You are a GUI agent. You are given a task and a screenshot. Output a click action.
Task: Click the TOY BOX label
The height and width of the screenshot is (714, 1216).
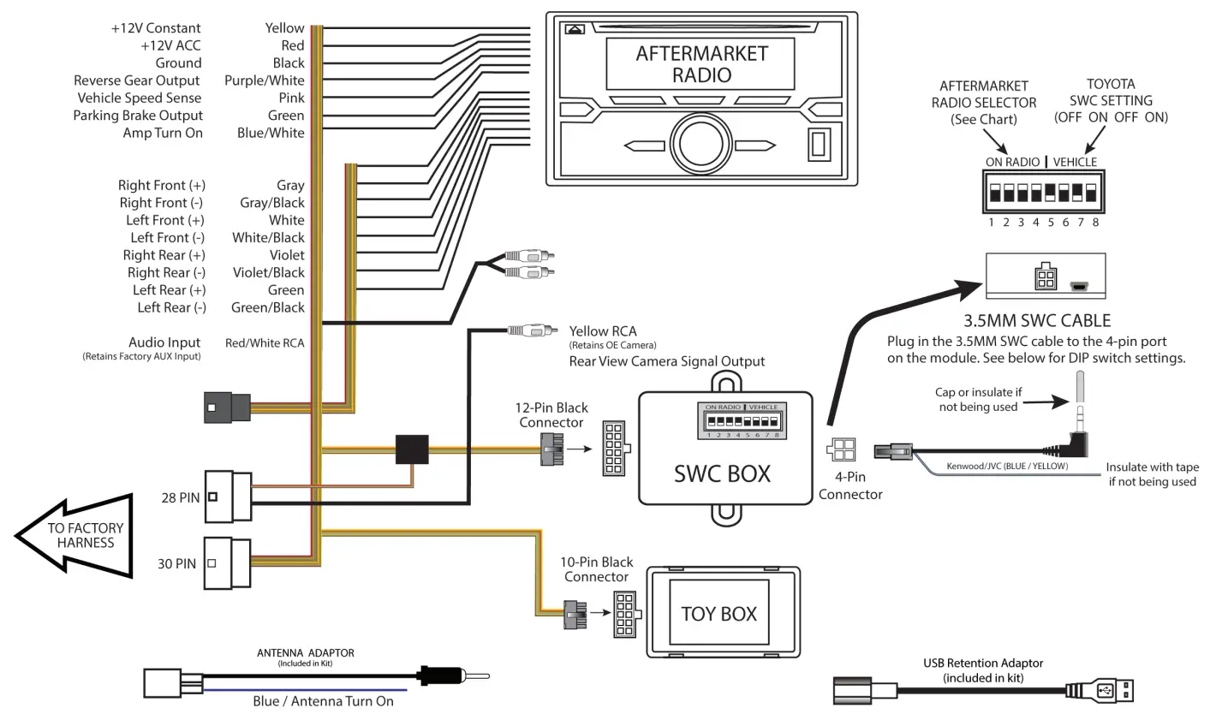[718, 614]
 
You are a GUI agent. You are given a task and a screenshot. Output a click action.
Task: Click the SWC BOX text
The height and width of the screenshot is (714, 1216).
[722, 473]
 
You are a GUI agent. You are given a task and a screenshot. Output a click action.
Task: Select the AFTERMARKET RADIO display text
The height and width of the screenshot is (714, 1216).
[701, 63]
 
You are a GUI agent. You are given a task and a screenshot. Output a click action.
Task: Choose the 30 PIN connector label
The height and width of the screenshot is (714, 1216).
[176, 564]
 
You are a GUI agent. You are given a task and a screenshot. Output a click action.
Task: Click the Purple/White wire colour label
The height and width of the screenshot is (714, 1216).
[264, 80]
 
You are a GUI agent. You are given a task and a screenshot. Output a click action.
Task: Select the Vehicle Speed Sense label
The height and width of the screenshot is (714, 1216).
[139, 98]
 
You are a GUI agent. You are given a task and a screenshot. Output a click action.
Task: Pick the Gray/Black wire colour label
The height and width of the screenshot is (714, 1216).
[271, 203]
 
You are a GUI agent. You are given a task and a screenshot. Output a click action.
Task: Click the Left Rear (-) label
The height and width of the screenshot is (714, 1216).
[171, 307]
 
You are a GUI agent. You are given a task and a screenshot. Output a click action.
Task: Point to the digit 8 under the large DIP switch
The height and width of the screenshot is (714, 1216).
[1095, 223]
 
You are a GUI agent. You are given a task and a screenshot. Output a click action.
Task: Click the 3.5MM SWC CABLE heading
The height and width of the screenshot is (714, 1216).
[1037, 322]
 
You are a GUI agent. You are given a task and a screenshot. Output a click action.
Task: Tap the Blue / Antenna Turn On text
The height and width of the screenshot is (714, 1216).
[323, 701]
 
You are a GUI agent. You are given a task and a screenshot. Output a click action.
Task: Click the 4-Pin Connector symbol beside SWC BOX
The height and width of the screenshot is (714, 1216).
[841, 450]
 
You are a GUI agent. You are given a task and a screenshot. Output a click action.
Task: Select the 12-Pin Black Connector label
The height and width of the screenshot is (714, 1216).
[552, 415]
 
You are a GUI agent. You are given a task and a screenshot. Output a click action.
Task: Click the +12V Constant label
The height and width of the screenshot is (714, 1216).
[156, 28]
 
